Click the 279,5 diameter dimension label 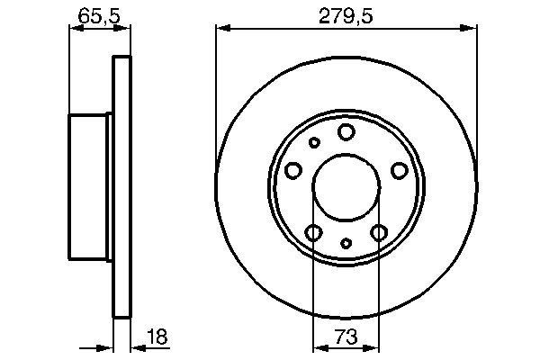click(346, 14)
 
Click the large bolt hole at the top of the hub click(346, 132)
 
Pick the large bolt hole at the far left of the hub click(292, 170)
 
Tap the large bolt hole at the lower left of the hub click(313, 234)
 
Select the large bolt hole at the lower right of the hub click(379, 234)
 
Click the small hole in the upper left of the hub click(314, 142)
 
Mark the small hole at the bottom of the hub click(346, 243)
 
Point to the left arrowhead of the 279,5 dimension click(220, 29)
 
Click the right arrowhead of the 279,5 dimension click(472, 29)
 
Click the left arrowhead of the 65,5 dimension click(74, 29)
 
